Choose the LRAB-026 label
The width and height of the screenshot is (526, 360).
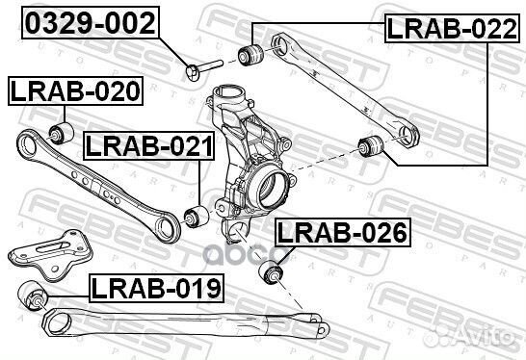click(342, 232)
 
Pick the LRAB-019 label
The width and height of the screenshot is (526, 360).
click(156, 286)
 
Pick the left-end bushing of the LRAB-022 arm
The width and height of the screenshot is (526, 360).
click(253, 53)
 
